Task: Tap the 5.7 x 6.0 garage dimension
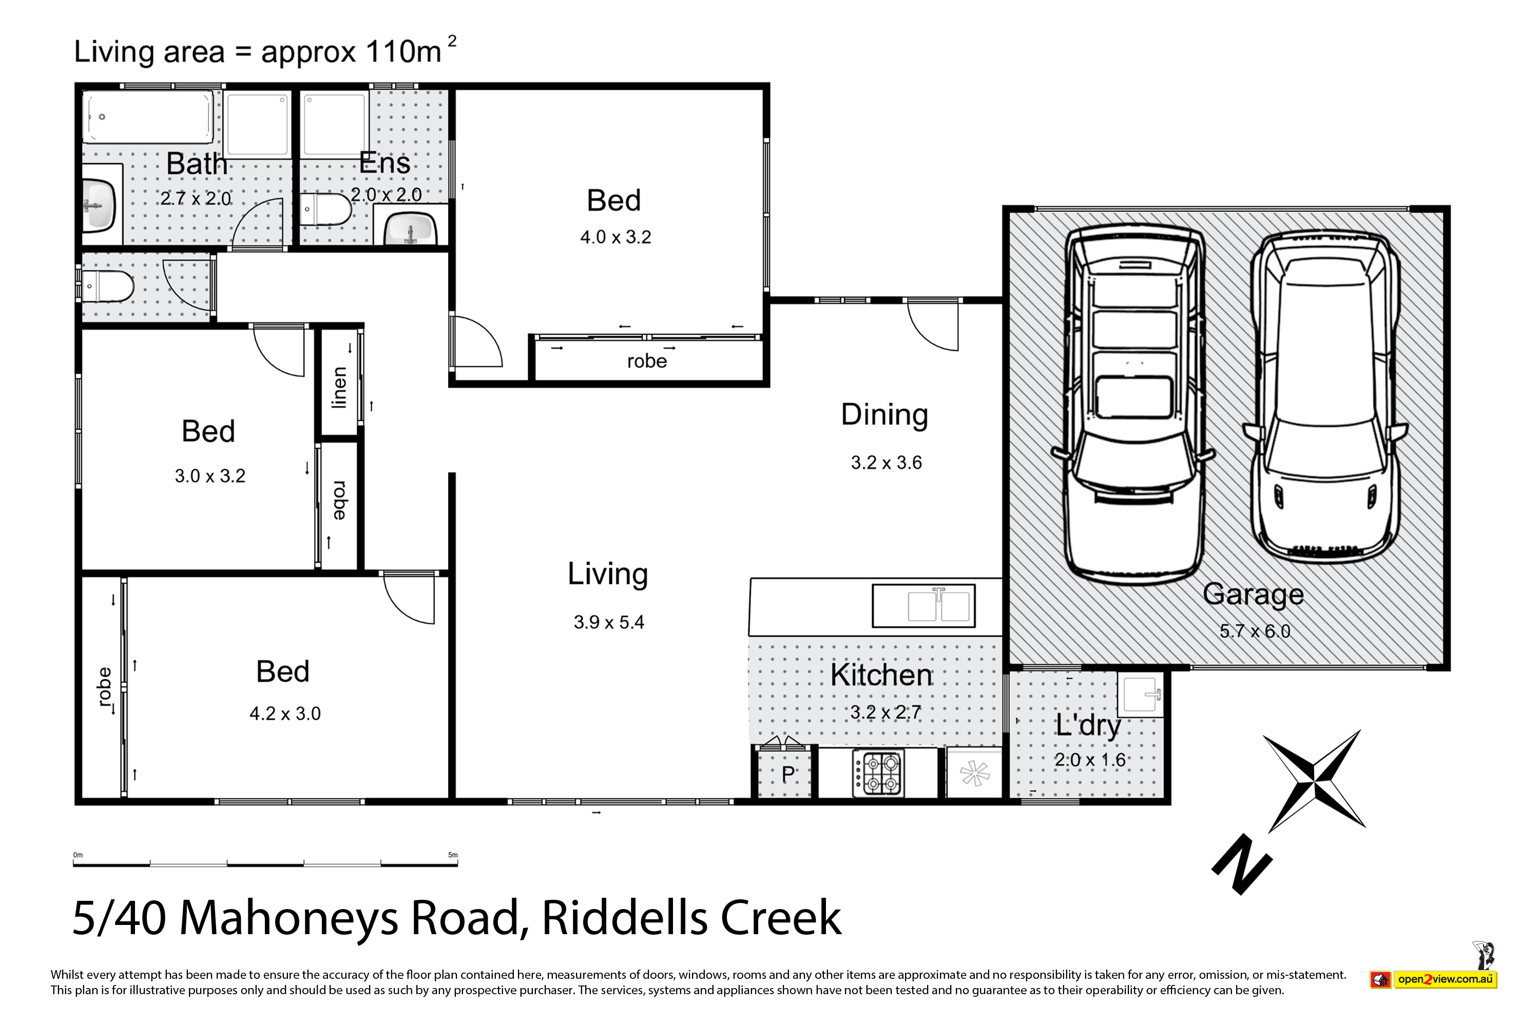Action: point(1255,632)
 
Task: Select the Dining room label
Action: point(884,415)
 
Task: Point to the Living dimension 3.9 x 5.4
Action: point(609,622)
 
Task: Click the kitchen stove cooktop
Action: point(878,774)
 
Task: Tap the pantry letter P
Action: point(788,775)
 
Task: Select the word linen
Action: point(339,387)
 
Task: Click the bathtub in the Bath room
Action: point(148,116)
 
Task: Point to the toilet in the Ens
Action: point(325,209)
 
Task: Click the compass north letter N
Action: point(1242,864)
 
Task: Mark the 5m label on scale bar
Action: point(452,855)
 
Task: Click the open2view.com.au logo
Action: point(1433,979)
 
